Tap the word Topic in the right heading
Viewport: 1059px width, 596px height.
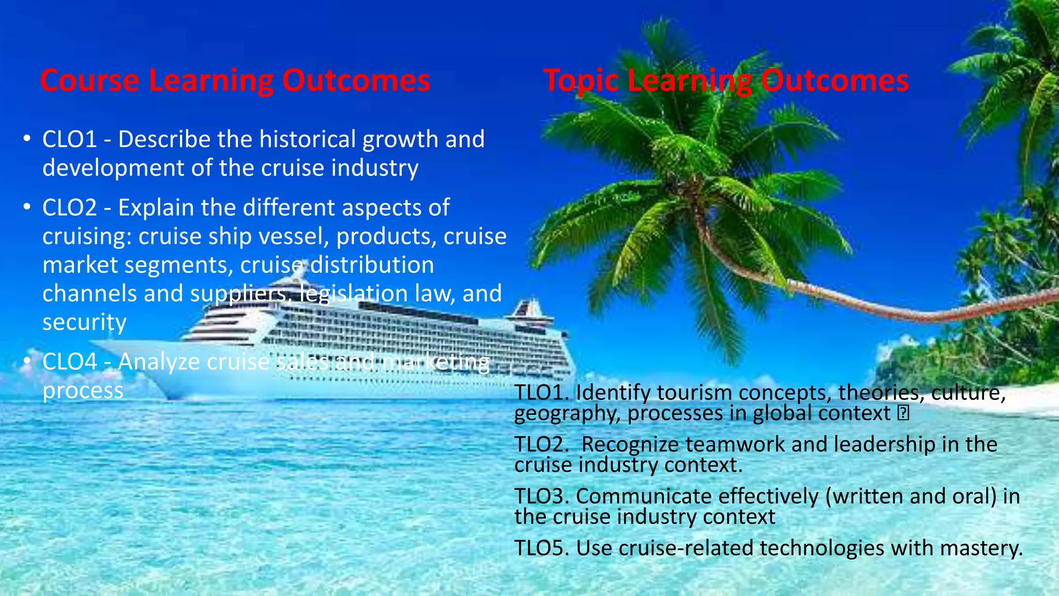[x=581, y=81]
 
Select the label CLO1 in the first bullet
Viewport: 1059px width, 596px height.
[x=69, y=139]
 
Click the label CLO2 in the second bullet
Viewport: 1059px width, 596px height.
[x=69, y=207]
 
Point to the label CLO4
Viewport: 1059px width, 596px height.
[x=69, y=362]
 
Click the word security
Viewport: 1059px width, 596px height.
[x=84, y=322]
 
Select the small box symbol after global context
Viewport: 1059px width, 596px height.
[x=903, y=413]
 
